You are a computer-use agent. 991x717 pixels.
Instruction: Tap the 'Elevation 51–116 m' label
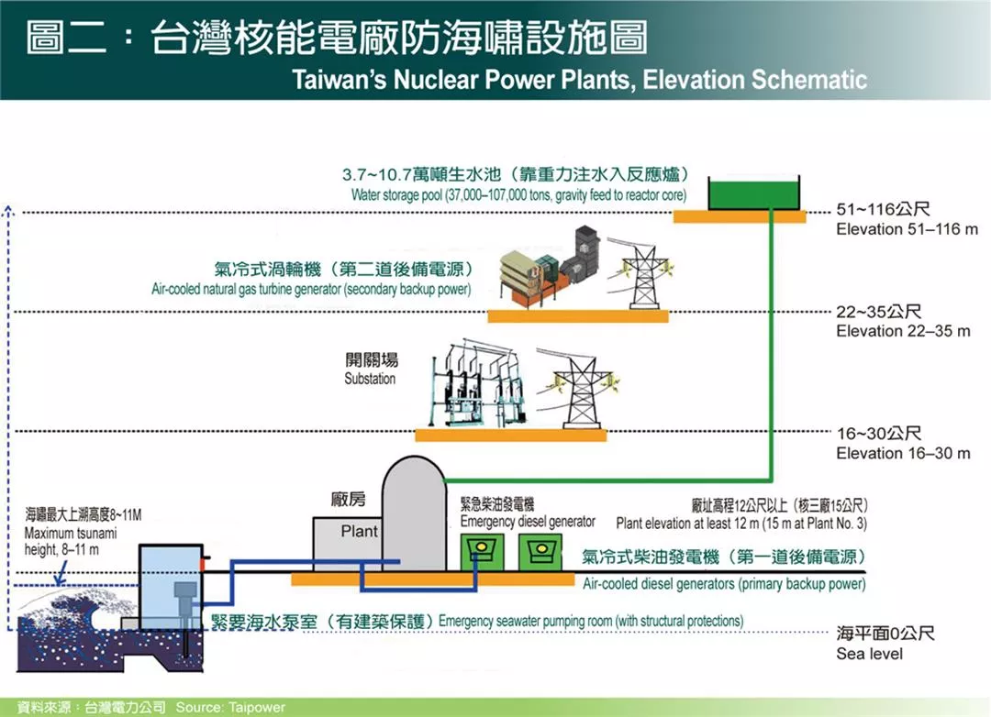pyautogui.click(x=907, y=229)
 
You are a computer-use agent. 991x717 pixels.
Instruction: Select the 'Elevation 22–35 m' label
pyautogui.click(x=903, y=331)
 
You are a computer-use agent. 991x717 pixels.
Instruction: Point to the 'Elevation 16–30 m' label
pyautogui.click(x=903, y=453)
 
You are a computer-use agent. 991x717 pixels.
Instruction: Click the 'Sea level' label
pyautogui.click(x=869, y=654)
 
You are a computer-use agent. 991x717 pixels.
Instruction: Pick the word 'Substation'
pyautogui.click(x=370, y=379)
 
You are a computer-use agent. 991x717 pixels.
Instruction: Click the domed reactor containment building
pyautogui.click(x=412, y=513)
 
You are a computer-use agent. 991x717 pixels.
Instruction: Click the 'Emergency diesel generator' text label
pyautogui.click(x=528, y=522)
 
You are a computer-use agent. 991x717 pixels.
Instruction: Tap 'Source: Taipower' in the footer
pyautogui.click(x=230, y=708)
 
